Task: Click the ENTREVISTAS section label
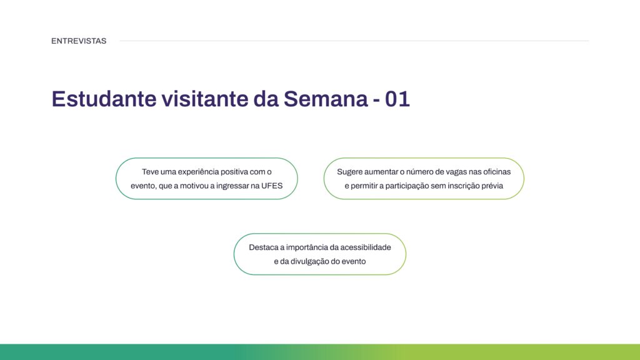[79, 41]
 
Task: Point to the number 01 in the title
[397, 99]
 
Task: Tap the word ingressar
[236, 186]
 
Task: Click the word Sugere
[351, 171]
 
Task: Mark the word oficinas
[494, 171]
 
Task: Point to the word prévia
[491, 186]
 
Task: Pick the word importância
[307, 247]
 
